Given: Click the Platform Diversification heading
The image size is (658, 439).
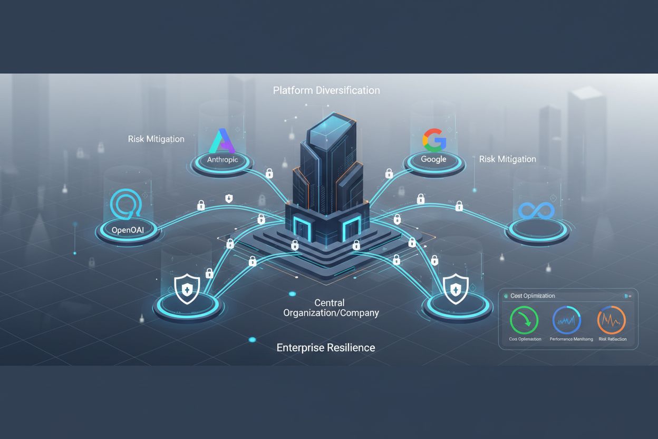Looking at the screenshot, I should (x=326, y=90).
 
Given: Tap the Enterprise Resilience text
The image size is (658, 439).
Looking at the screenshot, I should (x=326, y=348).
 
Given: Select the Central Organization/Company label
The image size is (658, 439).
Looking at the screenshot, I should (x=331, y=308).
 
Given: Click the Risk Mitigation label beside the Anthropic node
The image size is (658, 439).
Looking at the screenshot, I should (x=156, y=139).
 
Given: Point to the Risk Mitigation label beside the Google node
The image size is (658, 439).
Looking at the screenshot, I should (x=507, y=159).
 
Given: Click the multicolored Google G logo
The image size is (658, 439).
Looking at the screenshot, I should (x=434, y=140).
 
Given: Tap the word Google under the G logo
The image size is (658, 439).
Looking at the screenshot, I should (x=433, y=159).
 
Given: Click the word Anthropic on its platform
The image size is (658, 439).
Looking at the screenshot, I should (x=222, y=159).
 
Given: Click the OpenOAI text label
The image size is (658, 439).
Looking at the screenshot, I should (x=128, y=230).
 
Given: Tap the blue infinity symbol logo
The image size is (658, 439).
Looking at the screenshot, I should (x=536, y=211).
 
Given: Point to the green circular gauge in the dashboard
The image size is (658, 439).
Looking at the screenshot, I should (x=524, y=320).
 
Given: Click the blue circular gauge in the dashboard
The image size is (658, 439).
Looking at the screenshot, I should (x=566, y=320).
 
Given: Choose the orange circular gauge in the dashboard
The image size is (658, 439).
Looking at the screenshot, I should (x=611, y=320).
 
